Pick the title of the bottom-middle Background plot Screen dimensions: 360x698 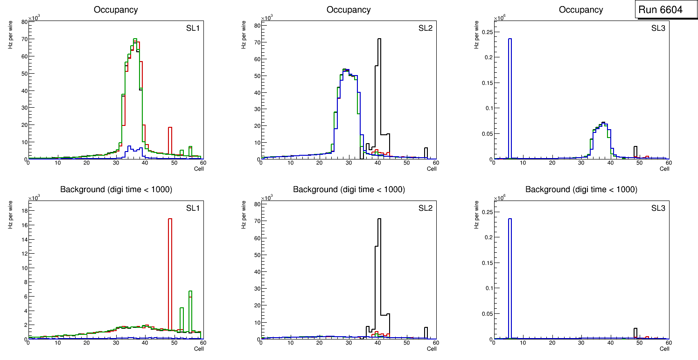point(349,189)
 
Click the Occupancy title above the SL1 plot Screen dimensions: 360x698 point(116,9)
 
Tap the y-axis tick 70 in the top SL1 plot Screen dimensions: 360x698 point(24,39)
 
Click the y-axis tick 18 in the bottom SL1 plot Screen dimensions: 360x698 point(24,211)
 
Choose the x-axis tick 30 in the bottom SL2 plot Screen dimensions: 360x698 point(348,343)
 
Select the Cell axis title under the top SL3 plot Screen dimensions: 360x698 point(664,169)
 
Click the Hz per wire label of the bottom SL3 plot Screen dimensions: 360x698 point(476,215)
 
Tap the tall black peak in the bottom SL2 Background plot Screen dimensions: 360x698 point(379,270)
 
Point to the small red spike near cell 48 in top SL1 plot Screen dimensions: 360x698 point(170,140)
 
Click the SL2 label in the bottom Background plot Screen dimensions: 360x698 point(425,208)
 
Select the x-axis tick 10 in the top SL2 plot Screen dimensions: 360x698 point(290,163)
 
